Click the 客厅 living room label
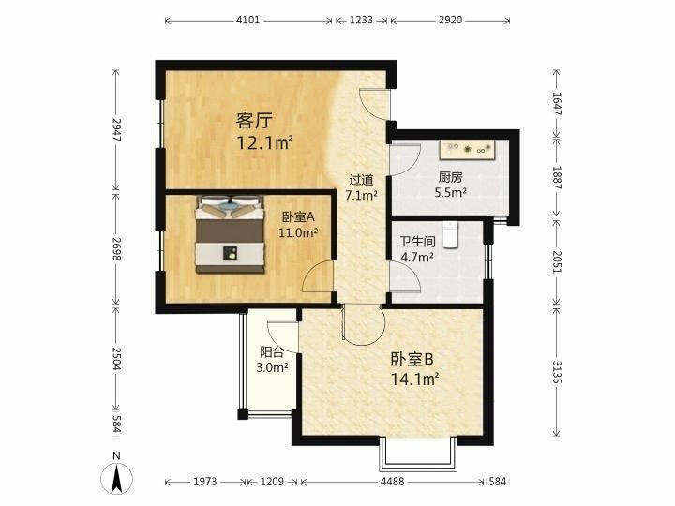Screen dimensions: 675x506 coord(254,121)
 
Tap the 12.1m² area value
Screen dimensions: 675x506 coord(264,142)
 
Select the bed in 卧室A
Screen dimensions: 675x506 coord(230,234)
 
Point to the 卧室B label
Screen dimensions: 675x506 coord(412,359)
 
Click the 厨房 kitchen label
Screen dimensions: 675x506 coord(450,177)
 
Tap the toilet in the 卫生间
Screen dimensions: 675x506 coord(450,235)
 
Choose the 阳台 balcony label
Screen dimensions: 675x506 coord(272,352)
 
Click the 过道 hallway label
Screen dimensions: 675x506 coord(361,180)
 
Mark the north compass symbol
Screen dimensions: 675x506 coord(116,473)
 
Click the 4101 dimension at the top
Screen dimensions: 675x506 coord(248,20)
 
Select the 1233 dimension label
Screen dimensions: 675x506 coord(361,20)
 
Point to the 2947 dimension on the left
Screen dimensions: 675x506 coord(116,129)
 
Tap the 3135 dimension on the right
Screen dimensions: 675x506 coord(557,373)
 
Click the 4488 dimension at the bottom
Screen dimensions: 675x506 coord(392,481)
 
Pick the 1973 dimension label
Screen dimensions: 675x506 coord(204,481)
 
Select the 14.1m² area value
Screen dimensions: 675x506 coord(414,379)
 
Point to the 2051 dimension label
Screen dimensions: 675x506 coord(557,262)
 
